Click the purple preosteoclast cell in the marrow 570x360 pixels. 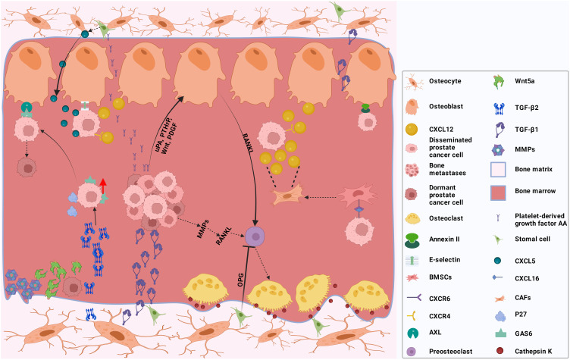[x=255, y=236]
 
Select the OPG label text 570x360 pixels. [x=240, y=280]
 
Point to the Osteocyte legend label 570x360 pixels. [x=445, y=81]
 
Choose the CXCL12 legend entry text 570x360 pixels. [x=441, y=130]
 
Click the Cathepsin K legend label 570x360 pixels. [x=534, y=351]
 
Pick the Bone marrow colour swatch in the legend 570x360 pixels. [x=498, y=193]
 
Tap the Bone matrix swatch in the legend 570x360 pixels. [x=498, y=170]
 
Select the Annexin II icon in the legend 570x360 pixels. [x=412, y=241]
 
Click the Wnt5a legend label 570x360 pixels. [x=525, y=81]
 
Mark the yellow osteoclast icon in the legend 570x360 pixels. [x=412, y=218]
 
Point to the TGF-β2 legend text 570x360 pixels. [x=527, y=108]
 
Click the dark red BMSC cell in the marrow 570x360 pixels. [x=358, y=196]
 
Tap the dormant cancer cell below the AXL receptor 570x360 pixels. [x=27, y=167]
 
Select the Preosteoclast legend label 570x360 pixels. [x=451, y=351]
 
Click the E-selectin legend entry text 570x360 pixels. [x=445, y=260]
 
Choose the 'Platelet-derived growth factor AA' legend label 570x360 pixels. [x=540, y=220]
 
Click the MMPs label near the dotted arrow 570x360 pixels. [x=203, y=229]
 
